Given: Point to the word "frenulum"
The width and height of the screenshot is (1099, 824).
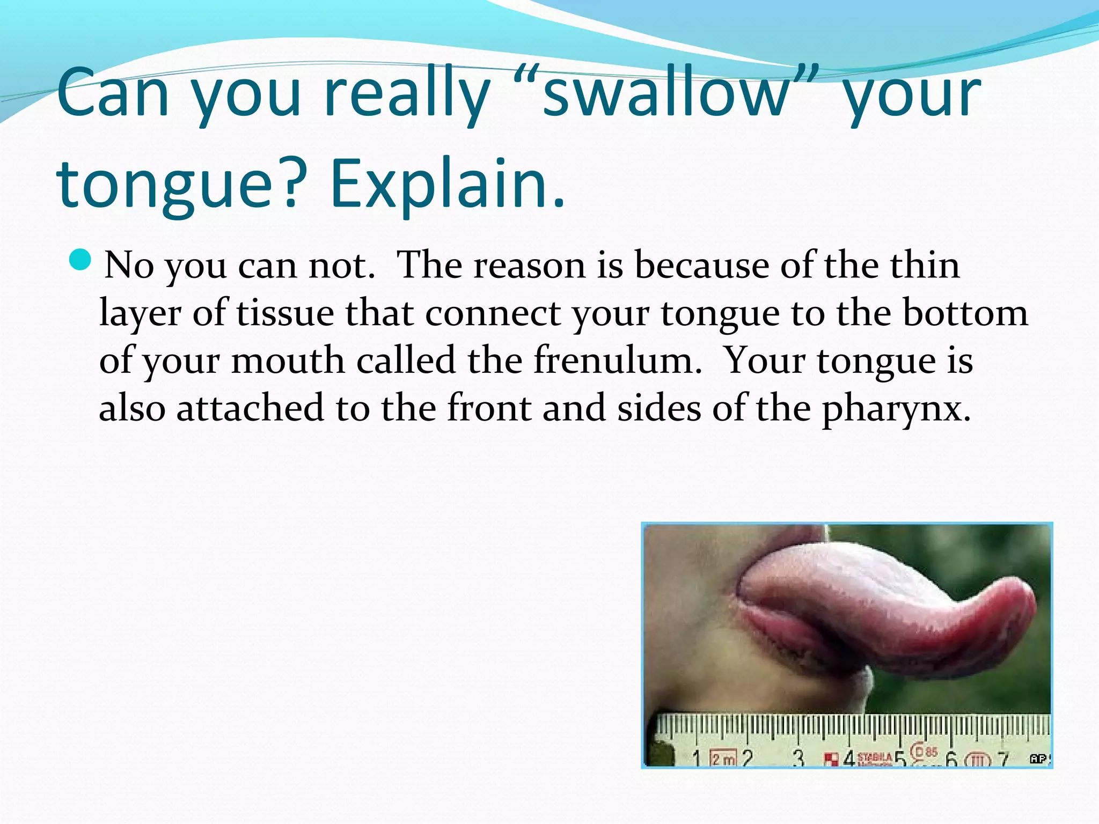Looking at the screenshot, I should pos(617,360).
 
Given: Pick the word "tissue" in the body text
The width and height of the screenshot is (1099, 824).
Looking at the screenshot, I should pos(285,313).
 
